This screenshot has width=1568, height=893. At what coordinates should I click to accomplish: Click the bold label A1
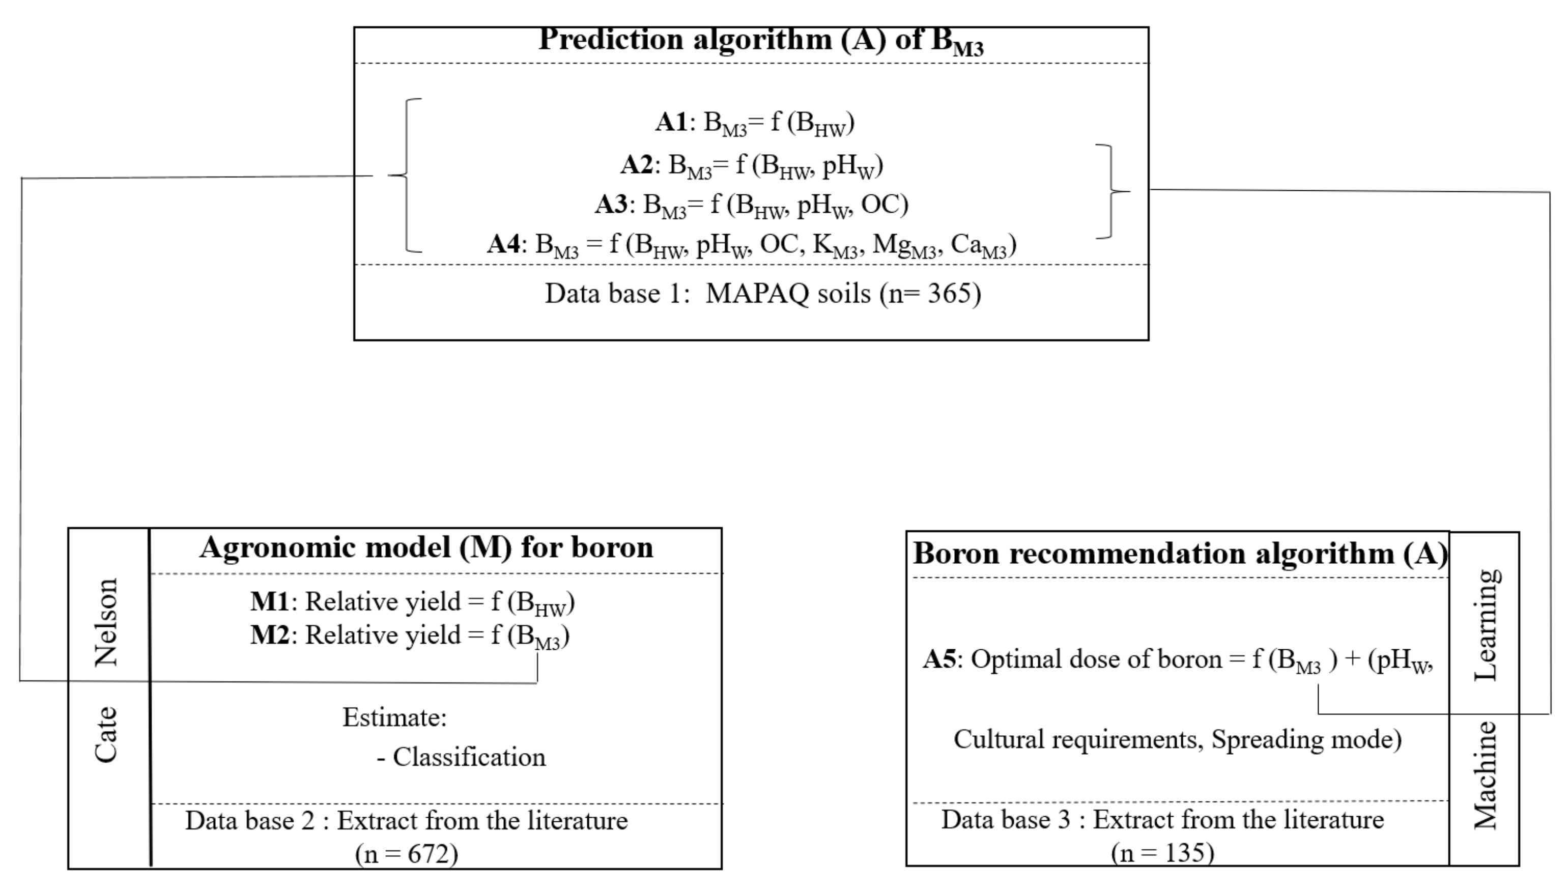pos(671,122)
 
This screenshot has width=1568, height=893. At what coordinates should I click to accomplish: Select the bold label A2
pos(636,164)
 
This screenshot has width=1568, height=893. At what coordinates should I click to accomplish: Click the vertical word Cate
pos(106,734)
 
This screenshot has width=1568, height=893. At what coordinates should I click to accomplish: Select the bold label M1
pos(269,601)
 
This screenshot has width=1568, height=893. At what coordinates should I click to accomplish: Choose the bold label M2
pos(269,635)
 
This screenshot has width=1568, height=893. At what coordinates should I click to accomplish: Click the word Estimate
pos(394,717)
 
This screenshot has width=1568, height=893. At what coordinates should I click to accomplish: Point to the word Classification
pos(469,757)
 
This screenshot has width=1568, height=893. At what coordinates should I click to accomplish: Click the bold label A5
pos(938,659)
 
